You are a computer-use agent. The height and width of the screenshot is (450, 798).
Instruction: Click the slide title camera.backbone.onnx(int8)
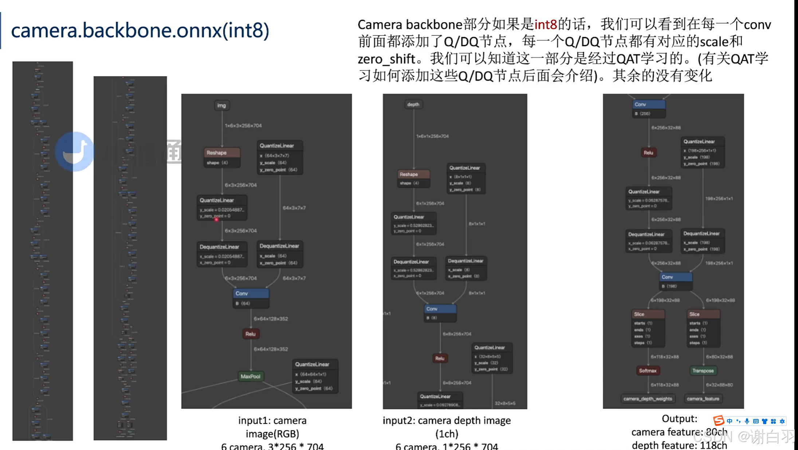pos(140,31)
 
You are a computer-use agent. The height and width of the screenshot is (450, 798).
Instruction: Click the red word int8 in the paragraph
pos(545,25)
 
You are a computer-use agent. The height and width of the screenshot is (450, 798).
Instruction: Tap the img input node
pos(221,105)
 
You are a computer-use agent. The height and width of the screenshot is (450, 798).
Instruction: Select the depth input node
pos(413,105)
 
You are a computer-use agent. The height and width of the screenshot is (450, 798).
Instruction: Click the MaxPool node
pos(251,376)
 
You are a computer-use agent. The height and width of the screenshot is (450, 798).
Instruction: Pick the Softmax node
pos(648,371)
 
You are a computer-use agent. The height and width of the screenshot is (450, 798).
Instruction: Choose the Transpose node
pos(703,371)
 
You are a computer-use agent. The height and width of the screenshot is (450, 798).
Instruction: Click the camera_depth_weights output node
pos(648,399)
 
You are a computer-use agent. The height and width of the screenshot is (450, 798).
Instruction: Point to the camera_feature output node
pos(703,399)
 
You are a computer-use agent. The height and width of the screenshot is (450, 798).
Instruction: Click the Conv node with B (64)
pos(251,298)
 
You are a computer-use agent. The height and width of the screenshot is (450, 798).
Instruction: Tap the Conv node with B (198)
pos(676,281)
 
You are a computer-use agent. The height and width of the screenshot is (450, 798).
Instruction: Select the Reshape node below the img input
pos(222,157)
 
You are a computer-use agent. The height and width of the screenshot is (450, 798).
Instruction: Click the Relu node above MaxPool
pos(250,334)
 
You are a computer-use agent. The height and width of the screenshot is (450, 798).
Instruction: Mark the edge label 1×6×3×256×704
pos(243,126)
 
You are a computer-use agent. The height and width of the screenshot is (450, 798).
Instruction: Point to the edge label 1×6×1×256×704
pos(432,136)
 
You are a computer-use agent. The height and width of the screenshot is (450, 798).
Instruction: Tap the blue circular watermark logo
pos(75,151)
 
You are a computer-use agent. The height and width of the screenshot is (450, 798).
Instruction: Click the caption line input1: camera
pos(272,420)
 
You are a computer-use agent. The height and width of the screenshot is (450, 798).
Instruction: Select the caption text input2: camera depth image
pos(447,420)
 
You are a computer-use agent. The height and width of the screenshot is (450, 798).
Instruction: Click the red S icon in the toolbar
pos(718,421)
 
